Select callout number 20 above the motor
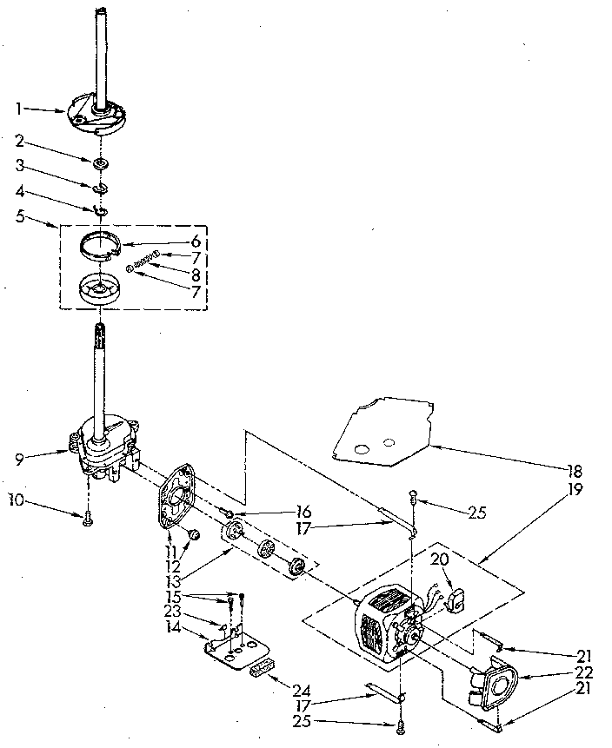coord(440,560)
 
